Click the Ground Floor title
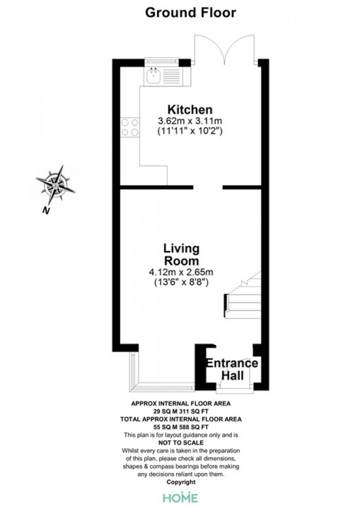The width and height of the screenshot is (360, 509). coord(191,13)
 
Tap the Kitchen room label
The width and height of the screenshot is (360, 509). coord(190,110)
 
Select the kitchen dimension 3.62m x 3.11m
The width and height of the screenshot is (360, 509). coord(190,121)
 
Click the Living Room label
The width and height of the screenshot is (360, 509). coord(181,254)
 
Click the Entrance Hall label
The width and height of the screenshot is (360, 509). coord(232,369)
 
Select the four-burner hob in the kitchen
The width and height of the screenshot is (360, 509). coord(130,128)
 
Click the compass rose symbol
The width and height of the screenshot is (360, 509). coord(55,186)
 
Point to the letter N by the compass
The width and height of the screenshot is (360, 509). coord(46,211)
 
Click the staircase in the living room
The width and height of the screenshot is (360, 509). coord(243,295)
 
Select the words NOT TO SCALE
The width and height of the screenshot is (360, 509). coord(181,443)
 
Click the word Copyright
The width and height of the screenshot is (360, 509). coord(181,482)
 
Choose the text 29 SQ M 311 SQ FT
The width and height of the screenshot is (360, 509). coord(181,411)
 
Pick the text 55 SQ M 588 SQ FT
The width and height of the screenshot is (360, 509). coord(181,427)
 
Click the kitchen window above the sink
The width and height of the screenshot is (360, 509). coord(161,60)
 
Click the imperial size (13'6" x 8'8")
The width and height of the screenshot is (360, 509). coord(181,282)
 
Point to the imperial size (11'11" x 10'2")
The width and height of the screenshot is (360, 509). coord(190,131)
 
